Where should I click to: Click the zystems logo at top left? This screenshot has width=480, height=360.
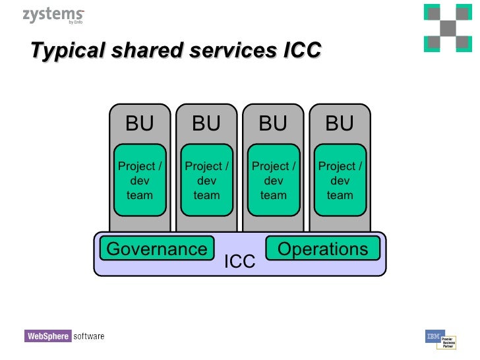tap(53, 16)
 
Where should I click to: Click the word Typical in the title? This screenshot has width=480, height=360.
tap(63, 50)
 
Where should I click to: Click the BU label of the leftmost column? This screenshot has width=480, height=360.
tap(139, 123)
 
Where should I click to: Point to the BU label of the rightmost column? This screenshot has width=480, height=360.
tap(340, 123)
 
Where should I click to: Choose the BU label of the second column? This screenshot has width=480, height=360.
tap(206, 123)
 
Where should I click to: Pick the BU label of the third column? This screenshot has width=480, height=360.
tap(273, 123)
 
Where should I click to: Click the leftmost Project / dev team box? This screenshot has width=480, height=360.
tap(139, 181)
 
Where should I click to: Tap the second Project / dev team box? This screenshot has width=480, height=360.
tap(206, 181)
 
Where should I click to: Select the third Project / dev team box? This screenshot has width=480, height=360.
tap(273, 181)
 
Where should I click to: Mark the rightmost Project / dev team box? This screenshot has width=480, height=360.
tap(340, 181)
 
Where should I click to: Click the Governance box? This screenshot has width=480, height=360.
tap(157, 249)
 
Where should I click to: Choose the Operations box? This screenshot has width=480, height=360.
tap(322, 249)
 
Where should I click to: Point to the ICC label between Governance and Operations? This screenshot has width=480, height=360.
tap(239, 262)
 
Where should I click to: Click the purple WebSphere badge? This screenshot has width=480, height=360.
tap(47, 336)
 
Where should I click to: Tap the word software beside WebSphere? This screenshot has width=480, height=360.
tap(88, 336)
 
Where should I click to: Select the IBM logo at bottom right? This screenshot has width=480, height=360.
tap(434, 336)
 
